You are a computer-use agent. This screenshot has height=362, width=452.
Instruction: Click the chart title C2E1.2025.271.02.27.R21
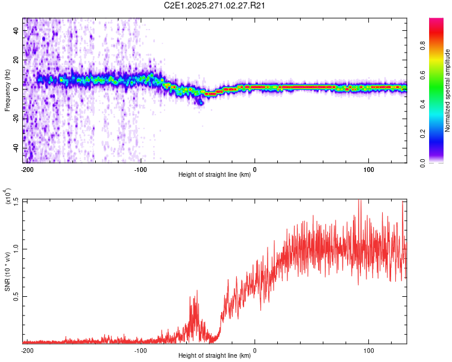click(x=215, y=5)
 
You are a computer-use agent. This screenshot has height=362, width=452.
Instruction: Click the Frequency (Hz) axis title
click(x=7, y=91)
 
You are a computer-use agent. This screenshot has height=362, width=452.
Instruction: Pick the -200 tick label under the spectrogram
click(x=27, y=170)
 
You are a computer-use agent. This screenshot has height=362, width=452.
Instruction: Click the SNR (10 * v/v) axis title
click(x=7, y=271)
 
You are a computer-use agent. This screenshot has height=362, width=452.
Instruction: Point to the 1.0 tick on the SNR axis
click(x=16, y=249)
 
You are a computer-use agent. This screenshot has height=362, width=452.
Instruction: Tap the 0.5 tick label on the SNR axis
click(x=16, y=296)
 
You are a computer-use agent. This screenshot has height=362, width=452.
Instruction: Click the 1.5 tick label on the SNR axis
click(x=16, y=201)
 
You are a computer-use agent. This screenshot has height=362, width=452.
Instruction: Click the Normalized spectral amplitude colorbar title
click(x=448, y=91)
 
